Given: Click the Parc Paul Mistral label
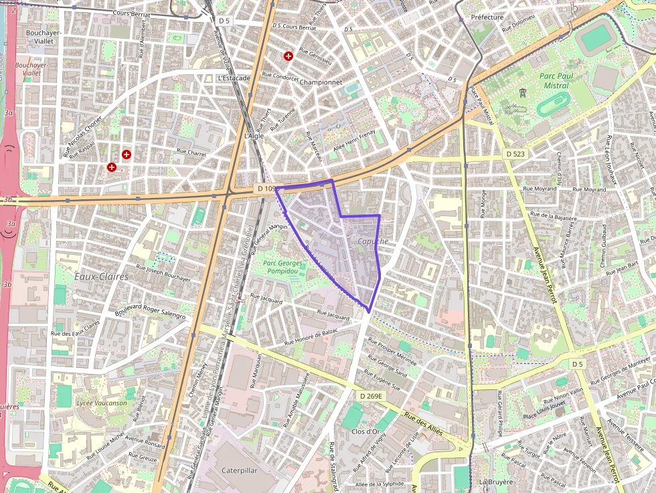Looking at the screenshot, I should tap(556, 80).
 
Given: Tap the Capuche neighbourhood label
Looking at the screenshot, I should tap(372, 241).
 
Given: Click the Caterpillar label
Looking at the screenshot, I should tap(239, 470).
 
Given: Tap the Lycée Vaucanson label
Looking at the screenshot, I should tap(83, 403).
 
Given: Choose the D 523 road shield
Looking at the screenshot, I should tap(516, 154).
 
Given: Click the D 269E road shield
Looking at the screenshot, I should tap(370, 396).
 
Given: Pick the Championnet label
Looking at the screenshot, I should tap(321, 82).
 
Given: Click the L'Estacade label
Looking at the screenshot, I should tap(234, 78).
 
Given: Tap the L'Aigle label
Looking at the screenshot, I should tap(255, 136).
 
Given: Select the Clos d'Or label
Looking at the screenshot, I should tap(365, 431).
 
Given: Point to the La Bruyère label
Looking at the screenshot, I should tap(495, 482).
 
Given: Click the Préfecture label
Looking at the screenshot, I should tap(487, 17).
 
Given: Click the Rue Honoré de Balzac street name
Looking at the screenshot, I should tap(313, 337).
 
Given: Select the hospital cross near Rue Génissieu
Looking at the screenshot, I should tap(289, 56).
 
